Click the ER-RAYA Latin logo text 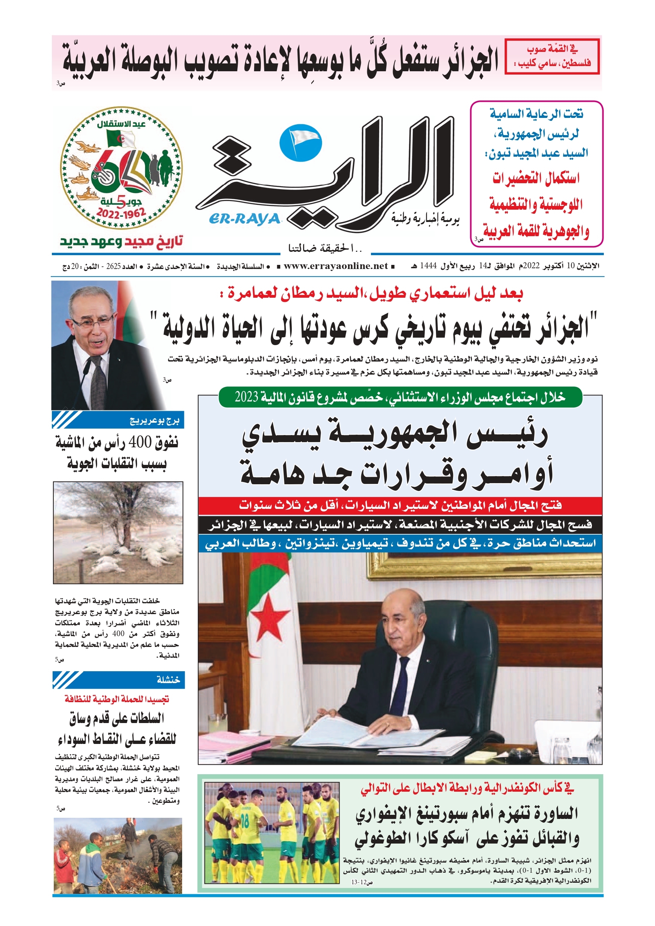pos(244,219)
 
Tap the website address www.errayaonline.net pos(336,266)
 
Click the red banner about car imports pos(400,506)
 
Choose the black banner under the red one pos(400,525)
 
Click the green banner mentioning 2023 pos(400,397)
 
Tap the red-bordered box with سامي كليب pos(552,56)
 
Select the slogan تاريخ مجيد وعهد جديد pos(121,242)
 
